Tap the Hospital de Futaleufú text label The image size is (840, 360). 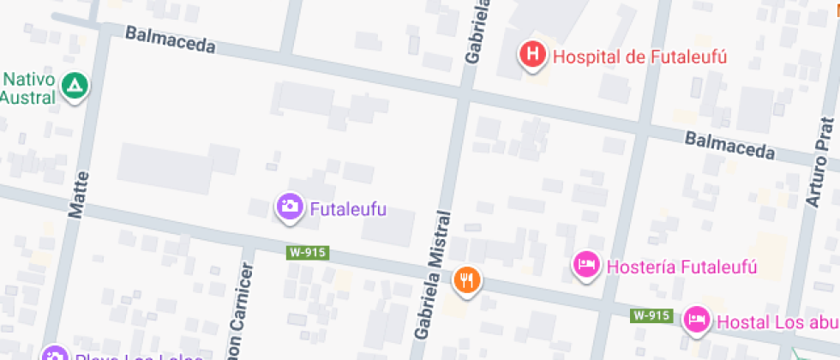pos(639,57)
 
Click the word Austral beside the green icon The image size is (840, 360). pos(27,97)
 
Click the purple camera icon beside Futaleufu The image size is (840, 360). pos(290,207)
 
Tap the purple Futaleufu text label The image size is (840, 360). pos(348,209)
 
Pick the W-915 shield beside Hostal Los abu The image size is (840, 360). pos(651,315)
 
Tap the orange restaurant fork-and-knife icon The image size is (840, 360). pos(467,279)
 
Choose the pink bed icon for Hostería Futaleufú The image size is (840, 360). pos(585,264)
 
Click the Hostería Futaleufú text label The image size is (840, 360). pos(681,267)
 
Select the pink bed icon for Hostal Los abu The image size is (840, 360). pos(695,321)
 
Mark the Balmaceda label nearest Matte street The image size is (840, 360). pos(170,39)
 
